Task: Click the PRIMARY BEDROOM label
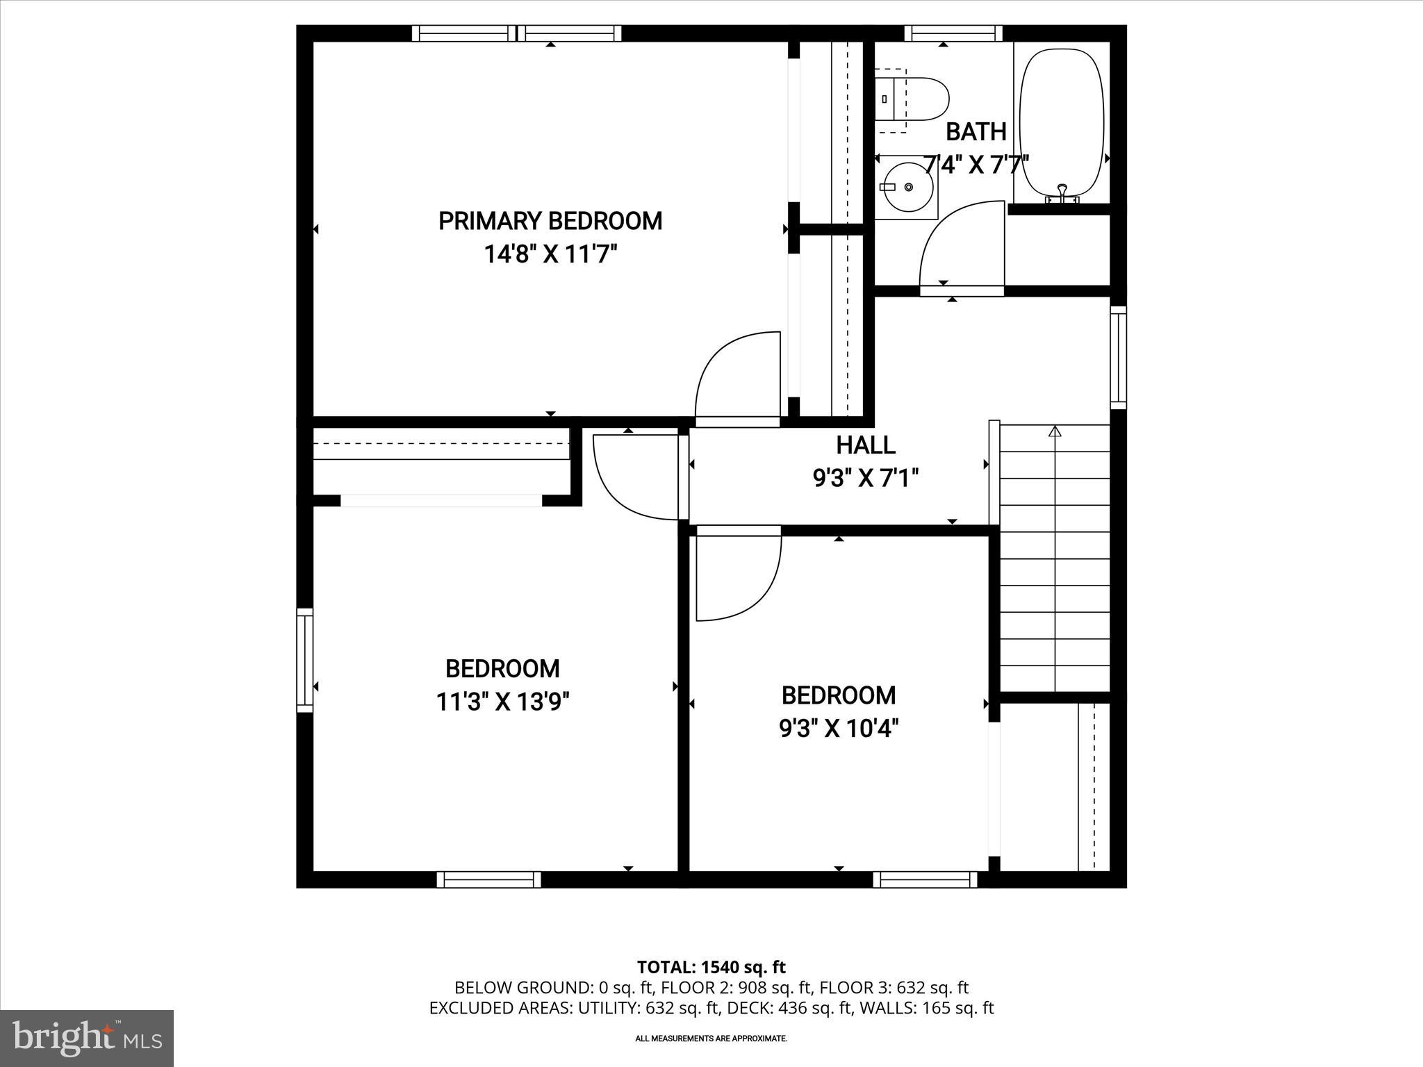tap(550, 221)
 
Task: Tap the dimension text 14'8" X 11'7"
tap(550, 255)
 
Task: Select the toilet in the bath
tap(911, 99)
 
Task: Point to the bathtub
tap(1061, 122)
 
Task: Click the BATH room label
tap(976, 131)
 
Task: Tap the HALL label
tap(865, 445)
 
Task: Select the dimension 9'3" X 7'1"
tap(865, 479)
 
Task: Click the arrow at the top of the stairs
tap(1055, 431)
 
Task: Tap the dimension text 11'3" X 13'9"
tap(502, 702)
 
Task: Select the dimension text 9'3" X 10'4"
tap(838, 729)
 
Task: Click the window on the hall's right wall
tap(1117, 357)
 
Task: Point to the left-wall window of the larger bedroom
tap(304, 660)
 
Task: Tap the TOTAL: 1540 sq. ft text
tap(711, 967)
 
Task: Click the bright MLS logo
tap(87, 1038)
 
